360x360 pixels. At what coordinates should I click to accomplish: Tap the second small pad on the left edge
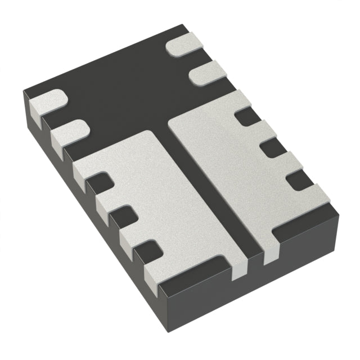[x=69, y=132]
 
